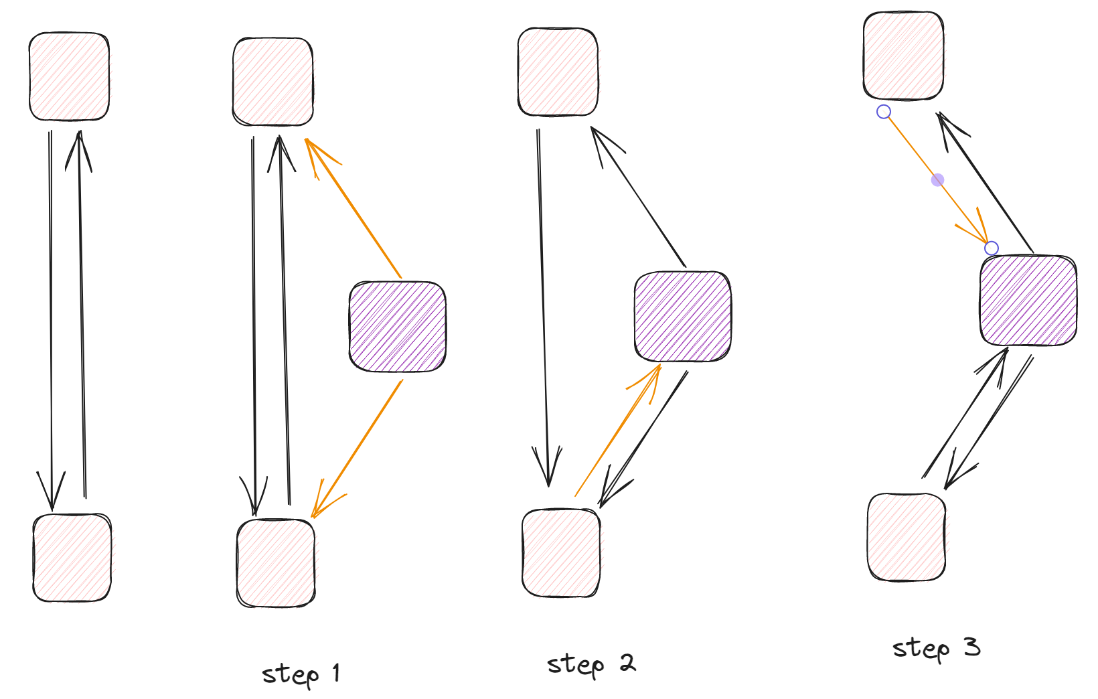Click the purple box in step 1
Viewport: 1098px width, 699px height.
coord(398,327)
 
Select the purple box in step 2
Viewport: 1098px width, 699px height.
coord(683,317)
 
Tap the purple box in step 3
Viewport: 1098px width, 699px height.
coord(1028,300)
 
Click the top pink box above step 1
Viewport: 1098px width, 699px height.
coord(273,82)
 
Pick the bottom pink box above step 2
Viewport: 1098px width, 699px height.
coord(561,553)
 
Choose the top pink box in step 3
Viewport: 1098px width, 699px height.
coord(903,56)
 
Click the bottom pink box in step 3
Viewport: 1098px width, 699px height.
coord(907,537)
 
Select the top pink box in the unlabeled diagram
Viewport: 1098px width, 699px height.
coord(69,76)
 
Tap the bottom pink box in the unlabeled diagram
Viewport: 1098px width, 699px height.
coord(72,558)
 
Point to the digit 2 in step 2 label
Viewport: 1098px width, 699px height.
coord(627,663)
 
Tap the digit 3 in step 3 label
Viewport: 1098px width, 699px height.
coord(973,647)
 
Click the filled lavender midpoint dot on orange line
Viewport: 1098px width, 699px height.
coord(938,180)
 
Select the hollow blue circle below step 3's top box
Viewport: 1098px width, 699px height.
coord(884,112)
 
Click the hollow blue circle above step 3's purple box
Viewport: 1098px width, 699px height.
coord(992,248)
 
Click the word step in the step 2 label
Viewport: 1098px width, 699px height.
coord(576,666)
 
